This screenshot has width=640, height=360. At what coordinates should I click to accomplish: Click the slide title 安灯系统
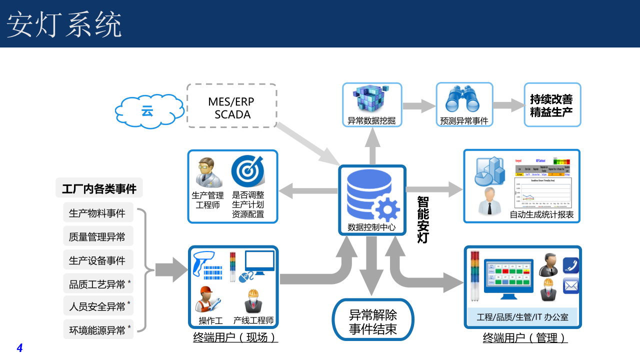[64, 24]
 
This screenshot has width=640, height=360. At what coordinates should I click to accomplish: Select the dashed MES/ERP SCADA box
[232, 105]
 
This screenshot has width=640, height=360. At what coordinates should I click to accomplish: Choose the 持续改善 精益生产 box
[552, 105]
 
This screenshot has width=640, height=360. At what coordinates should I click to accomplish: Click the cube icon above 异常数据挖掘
[371, 99]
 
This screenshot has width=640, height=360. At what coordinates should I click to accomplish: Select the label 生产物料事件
[97, 213]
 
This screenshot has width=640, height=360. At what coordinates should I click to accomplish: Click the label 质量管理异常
[97, 236]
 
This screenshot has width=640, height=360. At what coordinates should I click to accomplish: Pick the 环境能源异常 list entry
[97, 330]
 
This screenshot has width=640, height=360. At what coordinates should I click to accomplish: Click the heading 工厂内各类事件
[99, 189]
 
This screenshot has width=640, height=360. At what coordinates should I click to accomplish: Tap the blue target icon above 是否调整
[247, 171]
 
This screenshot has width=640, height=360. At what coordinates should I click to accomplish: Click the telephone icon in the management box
[570, 265]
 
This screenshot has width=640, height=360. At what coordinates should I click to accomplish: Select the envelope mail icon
[570, 286]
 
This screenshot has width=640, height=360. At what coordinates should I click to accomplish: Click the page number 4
[20, 348]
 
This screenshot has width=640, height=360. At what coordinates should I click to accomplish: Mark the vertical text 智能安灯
[423, 219]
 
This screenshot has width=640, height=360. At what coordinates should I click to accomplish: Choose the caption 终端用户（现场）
[235, 338]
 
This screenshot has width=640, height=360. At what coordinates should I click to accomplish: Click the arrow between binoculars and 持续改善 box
[507, 105]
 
